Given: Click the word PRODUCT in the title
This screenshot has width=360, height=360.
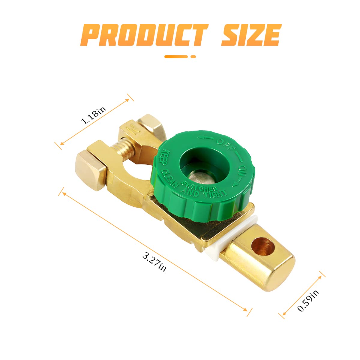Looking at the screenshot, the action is (144, 35).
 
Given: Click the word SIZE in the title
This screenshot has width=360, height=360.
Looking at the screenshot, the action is (251, 35).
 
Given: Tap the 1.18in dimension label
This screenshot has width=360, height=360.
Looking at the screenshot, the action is (93, 115).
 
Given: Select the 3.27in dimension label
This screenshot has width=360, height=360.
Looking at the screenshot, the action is (154, 261).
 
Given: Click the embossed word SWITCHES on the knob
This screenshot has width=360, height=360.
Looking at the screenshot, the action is (199, 186).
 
